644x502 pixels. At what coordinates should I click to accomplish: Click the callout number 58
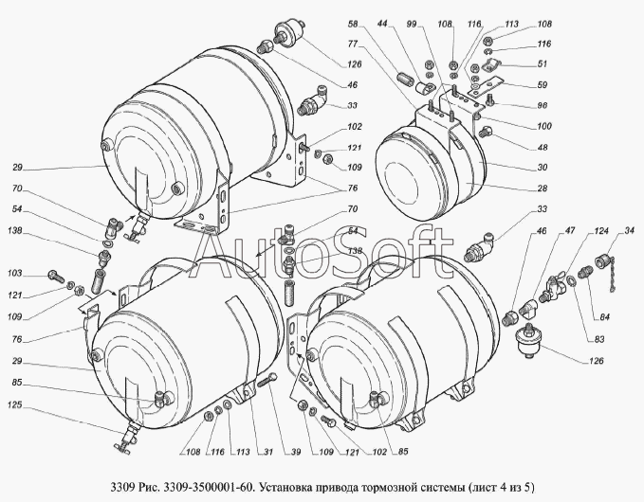(x=353, y=25)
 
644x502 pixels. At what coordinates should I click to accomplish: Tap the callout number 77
(x=353, y=43)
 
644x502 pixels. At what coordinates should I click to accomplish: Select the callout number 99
(x=412, y=25)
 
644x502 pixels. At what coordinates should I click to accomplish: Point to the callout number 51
(x=543, y=63)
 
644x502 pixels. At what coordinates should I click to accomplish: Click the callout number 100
(x=544, y=126)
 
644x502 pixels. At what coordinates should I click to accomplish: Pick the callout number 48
(x=543, y=147)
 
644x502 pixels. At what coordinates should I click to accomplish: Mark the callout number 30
(x=543, y=168)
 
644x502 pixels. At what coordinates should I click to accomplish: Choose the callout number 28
(x=543, y=188)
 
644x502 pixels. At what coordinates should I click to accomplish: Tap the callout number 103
(x=15, y=273)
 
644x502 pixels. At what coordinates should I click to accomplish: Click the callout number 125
(x=15, y=405)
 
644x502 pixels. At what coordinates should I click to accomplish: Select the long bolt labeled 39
(x=267, y=380)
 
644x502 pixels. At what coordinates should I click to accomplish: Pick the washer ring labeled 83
(x=571, y=280)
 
